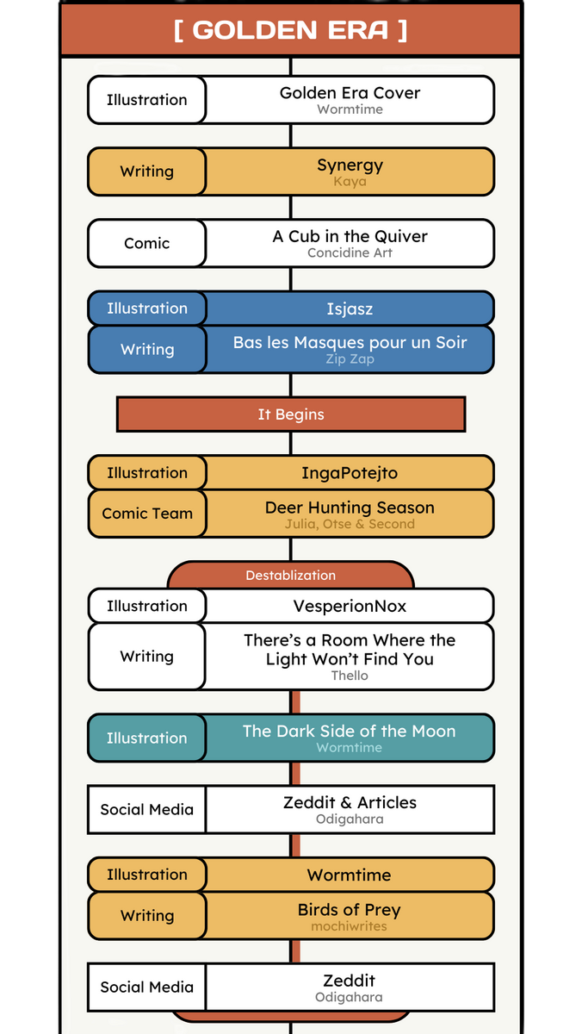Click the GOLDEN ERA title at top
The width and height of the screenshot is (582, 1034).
click(x=290, y=30)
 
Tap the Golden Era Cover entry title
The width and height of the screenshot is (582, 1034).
click(x=350, y=93)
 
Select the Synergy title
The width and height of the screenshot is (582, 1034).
click(x=350, y=165)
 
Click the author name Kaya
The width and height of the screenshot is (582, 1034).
click(x=350, y=182)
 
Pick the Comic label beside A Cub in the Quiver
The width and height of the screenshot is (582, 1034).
click(x=146, y=243)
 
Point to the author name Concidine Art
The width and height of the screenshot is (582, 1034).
click(x=350, y=253)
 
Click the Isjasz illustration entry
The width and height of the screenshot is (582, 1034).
click(x=350, y=308)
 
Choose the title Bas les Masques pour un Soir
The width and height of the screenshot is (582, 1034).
click(x=350, y=342)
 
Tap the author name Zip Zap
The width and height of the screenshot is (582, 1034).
click(x=350, y=359)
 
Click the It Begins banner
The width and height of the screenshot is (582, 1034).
click(x=291, y=414)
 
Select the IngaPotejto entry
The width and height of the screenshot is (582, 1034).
click(x=350, y=473)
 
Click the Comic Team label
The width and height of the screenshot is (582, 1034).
click(x=147, y=514)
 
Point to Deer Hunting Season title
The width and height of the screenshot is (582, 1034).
click(x=350, y=508)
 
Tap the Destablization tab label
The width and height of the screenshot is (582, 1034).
click(x=291, y=575)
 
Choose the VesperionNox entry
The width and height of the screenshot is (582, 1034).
click(x=350, y=606)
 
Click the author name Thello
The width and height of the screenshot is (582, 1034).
click(x=350, y=676)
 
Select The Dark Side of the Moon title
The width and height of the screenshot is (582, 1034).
click(x=350, y=731)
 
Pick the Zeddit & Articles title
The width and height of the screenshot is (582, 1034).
click(x=350, y=802)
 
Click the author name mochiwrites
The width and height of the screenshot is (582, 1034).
click(x=350, y=927)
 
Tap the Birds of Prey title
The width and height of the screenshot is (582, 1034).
click(x=350, y=910)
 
